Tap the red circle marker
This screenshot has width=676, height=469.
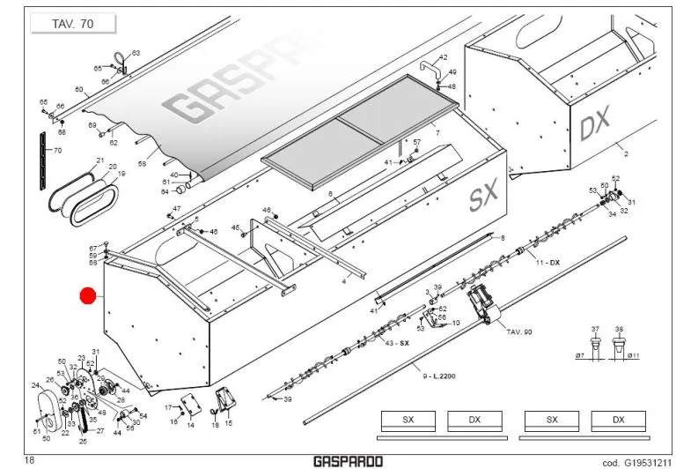coord(88,296)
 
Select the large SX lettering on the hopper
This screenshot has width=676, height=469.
coord(483,197)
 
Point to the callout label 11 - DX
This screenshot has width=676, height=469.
coord(547,263)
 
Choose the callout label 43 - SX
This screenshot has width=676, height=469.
coord(398,342)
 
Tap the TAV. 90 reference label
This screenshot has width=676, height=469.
coord(520,331)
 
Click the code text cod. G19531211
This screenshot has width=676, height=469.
coord(634,461)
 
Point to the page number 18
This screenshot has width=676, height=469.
coord(29,460)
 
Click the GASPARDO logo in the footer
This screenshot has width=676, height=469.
coord(347,460)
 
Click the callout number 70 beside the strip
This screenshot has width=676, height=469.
coord(57,151)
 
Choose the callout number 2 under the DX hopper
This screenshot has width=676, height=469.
coord(626,154)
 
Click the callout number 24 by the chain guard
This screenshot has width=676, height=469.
coord(36,385)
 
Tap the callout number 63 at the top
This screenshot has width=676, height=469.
coord(136,54)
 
